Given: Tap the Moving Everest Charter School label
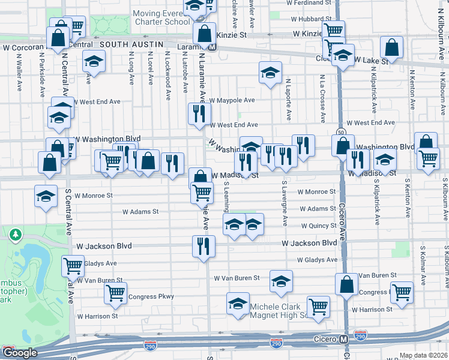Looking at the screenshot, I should coord(161,17).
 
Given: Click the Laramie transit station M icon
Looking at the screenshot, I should coord(212,46).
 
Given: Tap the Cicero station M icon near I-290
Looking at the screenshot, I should coord(343,339).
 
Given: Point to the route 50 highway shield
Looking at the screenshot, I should coord(340,131).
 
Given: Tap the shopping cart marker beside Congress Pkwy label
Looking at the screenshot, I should coord(115,293).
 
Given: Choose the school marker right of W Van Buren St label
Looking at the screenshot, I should coord(281,281).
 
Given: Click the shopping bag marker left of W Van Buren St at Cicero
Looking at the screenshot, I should coord(346,284).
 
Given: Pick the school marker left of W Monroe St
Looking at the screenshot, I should coord(46,197).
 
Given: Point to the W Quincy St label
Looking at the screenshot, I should coord(319,226).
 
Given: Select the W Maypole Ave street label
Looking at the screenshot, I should coord(232,100).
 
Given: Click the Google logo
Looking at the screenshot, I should coord(20,353).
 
